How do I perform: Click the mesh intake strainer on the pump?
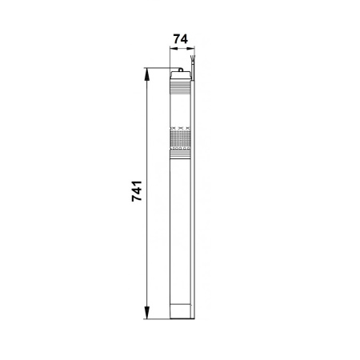(x=181, y=138)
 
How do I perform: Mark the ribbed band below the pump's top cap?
(x=181, y=90)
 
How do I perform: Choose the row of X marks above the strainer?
(x=181, y=127)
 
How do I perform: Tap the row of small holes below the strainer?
(x=181, y=149)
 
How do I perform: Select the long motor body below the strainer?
(x=181, y=224)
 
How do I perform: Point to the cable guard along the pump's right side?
(x=190, y=200)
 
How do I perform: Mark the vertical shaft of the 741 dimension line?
(x=147, y=240)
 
